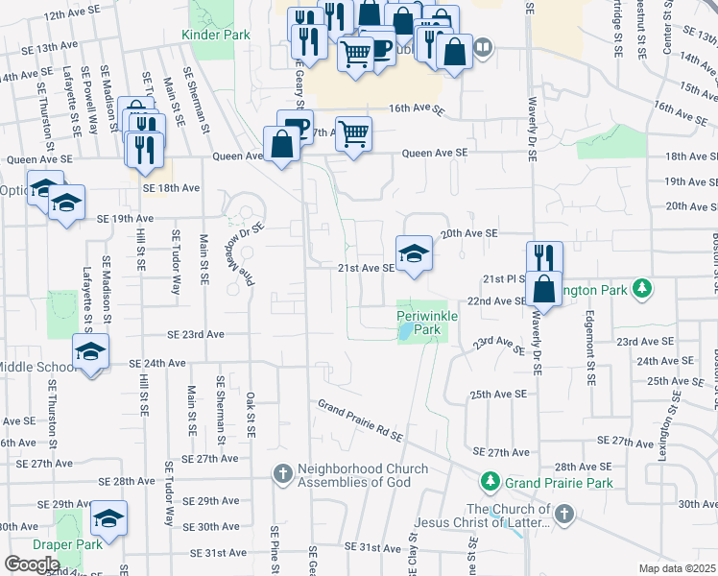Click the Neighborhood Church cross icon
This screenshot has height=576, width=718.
(283, 473)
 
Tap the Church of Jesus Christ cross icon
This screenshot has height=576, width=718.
(564, 516)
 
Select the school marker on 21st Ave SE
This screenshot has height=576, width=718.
(414, 253)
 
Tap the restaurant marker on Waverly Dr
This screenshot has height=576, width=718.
(542, 257)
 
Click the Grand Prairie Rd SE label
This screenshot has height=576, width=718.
(360, 420)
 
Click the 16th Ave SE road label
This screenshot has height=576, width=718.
(418, 110)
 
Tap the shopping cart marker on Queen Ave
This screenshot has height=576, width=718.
(354, 133)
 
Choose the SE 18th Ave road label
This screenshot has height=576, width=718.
(170, 188)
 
